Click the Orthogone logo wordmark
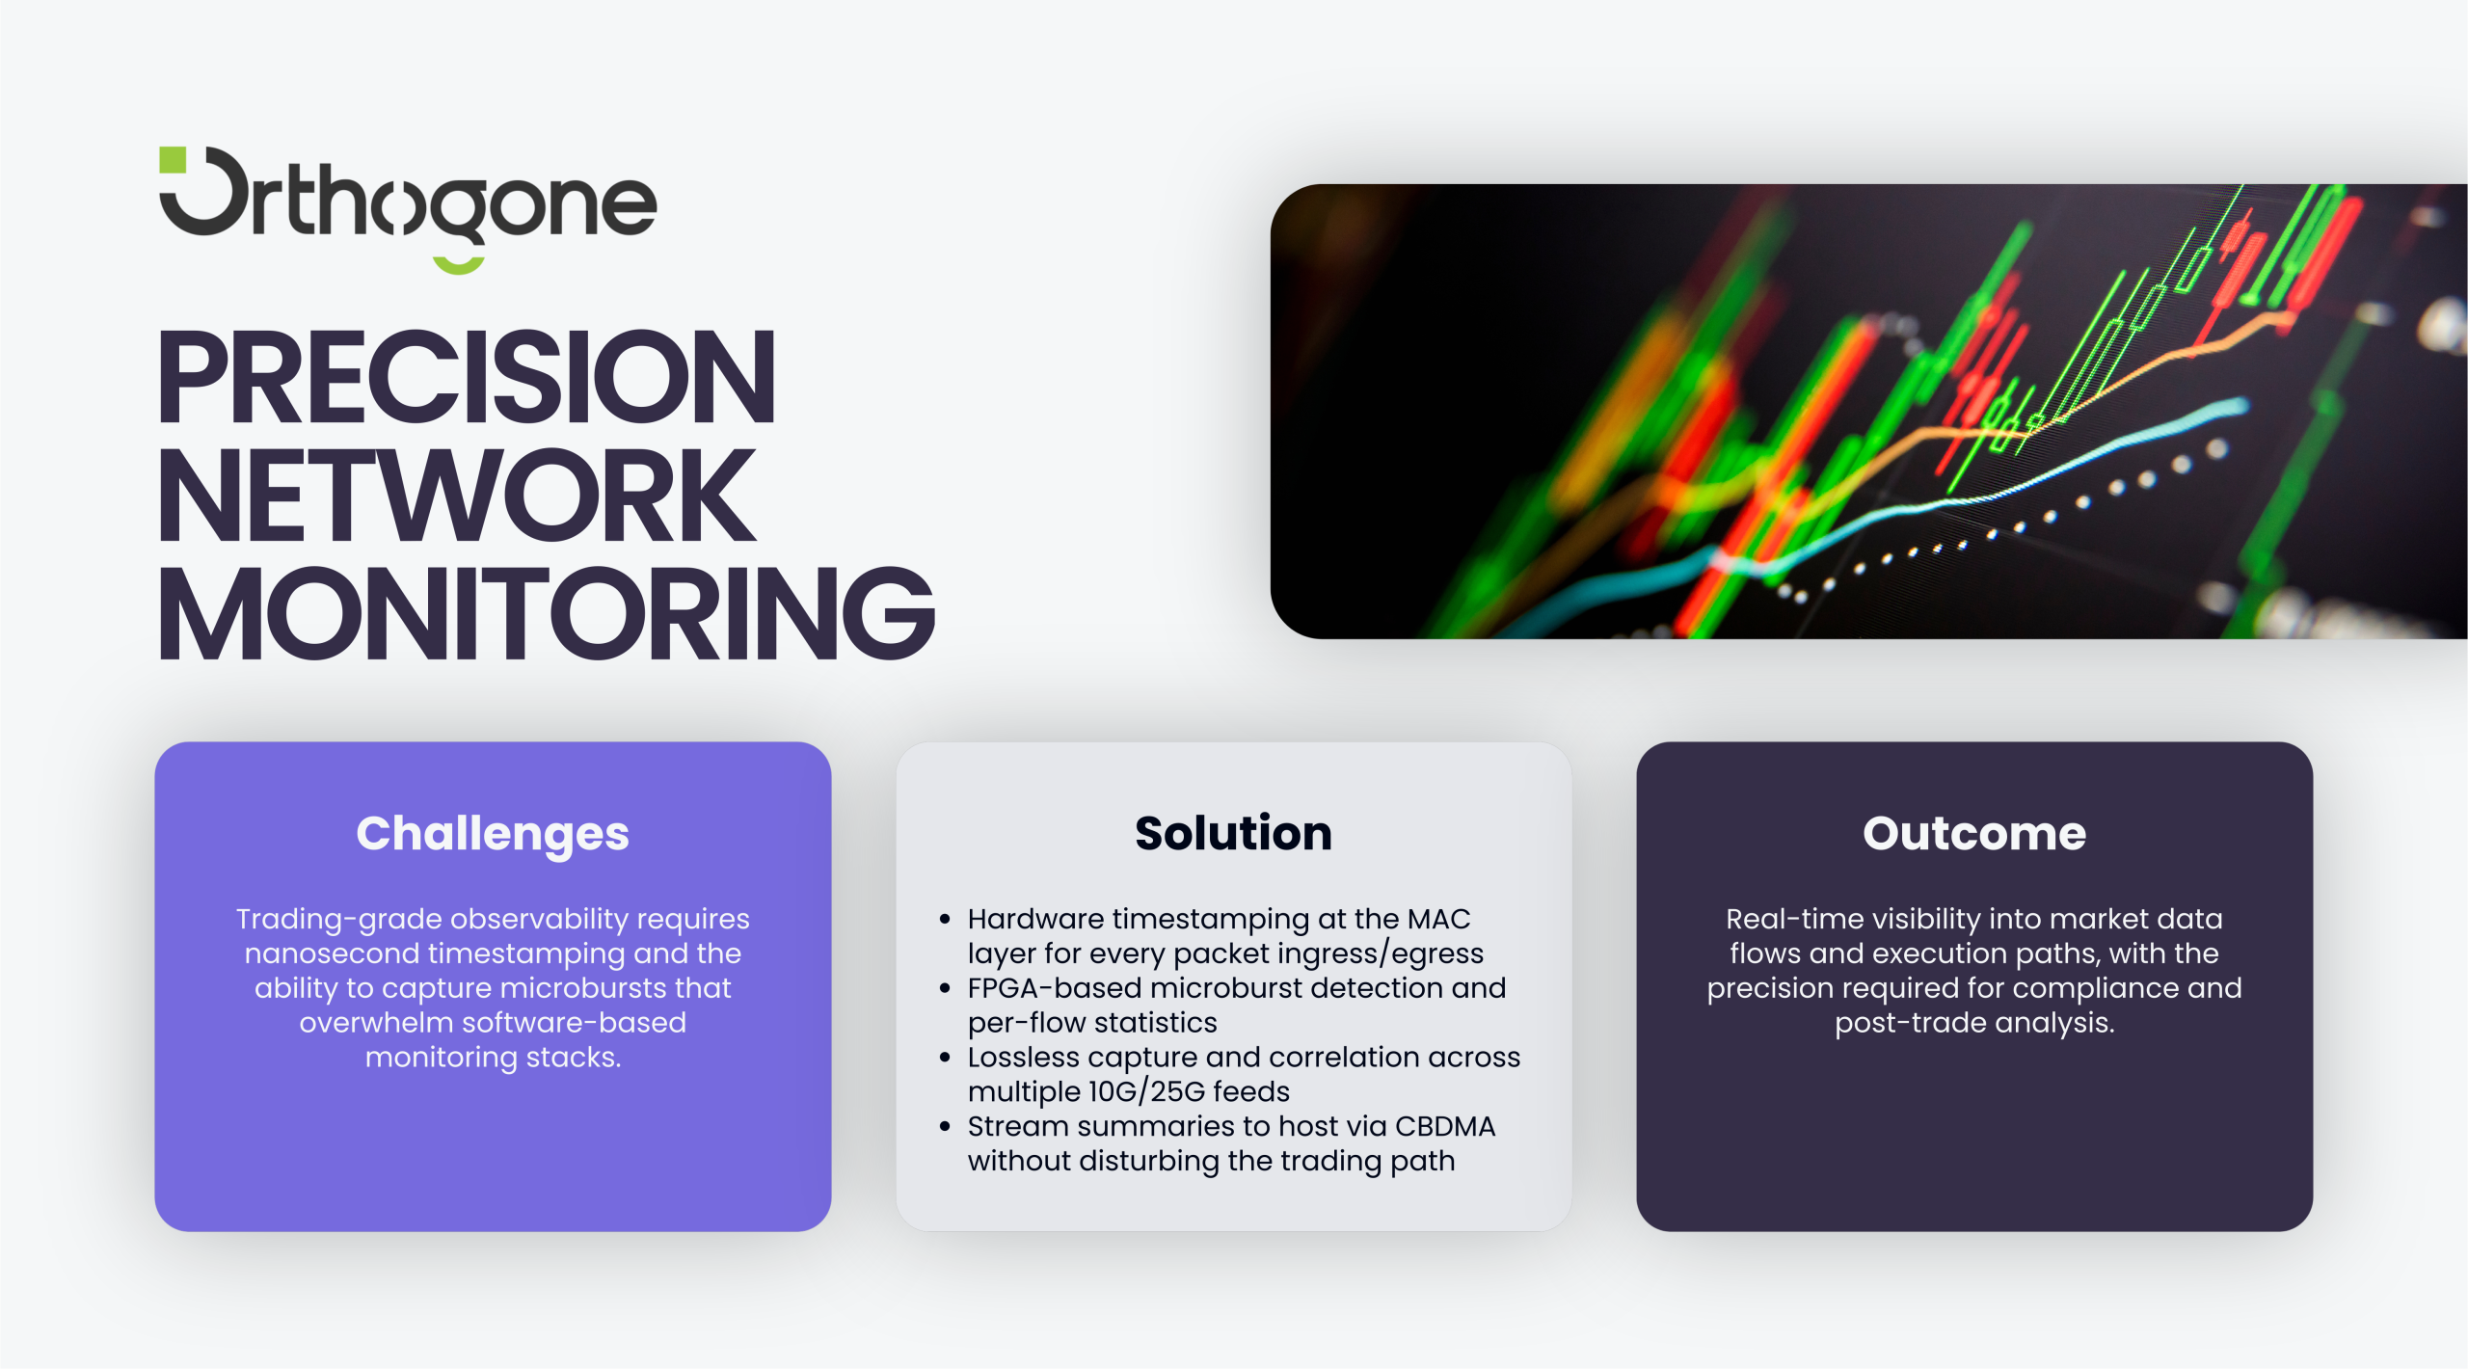click(408, 208)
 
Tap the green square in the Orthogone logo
click(173, 160)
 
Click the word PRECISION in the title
click(467, 377)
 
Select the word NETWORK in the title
click(456, 496)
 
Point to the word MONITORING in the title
click(547, 614)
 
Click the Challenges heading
click(493, 834)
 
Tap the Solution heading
click(1233, 833)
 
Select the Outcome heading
click(1973, 833)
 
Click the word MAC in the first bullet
click(1438, 919)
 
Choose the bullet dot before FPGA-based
click(945, 988)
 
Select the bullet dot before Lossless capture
click(945, 1058)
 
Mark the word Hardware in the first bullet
click(1035, 919)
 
